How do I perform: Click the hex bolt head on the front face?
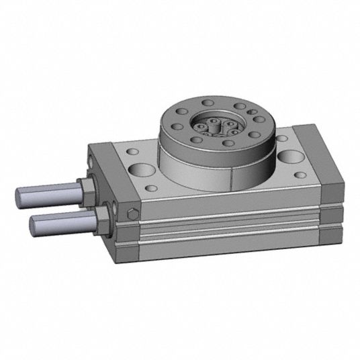coord(131,214)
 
